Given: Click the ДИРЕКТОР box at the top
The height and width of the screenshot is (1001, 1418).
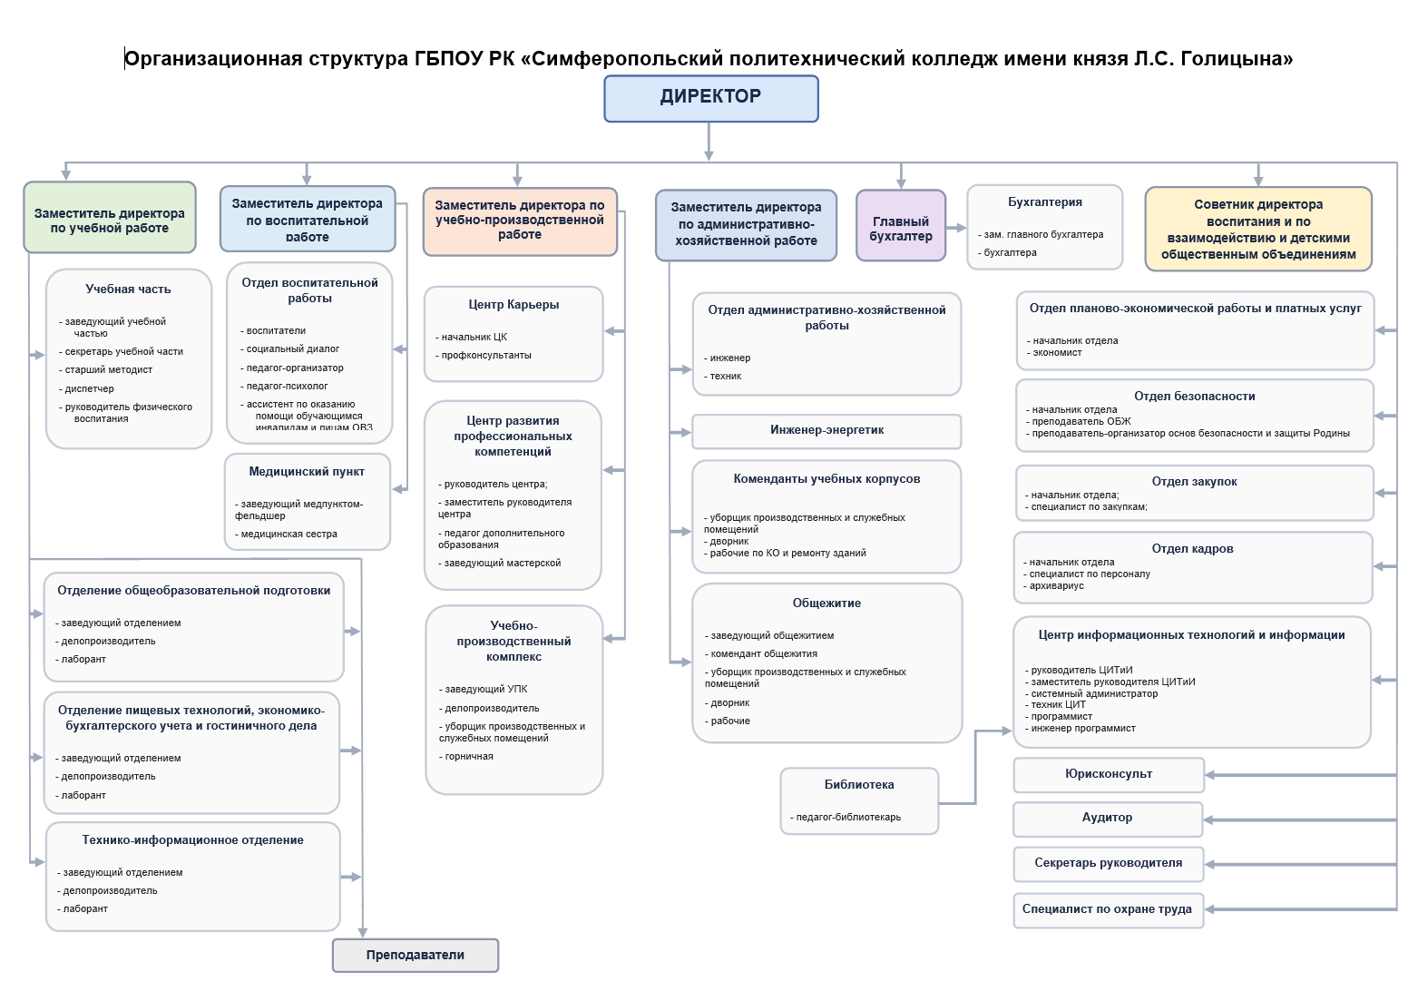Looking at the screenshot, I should tap(711, 98).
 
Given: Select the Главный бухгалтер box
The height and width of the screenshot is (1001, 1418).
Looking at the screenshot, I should tap(901, 226).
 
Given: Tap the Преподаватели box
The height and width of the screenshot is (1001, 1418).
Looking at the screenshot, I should tap(416, 955).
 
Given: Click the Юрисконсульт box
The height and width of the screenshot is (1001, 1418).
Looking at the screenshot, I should tap(1109, 774).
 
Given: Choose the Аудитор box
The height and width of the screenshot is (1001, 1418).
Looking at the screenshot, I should tap(1108, 818).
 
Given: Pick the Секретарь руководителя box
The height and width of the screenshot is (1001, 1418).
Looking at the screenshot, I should tap(1109, 863).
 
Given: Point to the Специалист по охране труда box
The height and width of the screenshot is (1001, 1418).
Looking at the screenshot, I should tap(1108, 909).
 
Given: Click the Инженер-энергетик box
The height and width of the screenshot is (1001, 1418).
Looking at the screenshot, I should tap(826, 430).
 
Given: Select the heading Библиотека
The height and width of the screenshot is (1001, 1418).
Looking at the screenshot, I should tap(859, 785).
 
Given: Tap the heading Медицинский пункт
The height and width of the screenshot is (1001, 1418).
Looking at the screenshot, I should tap(307, 472).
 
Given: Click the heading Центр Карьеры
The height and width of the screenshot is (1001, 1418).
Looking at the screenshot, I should tap(513, 305).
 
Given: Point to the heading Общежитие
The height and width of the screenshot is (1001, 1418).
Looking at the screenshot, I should tap(826, 604).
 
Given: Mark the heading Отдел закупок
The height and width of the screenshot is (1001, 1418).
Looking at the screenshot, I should tap(1194, 482).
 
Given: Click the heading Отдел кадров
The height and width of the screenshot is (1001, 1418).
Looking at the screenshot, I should tap(1192, 549).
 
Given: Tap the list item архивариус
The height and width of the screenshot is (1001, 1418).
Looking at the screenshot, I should tap(1057, 586).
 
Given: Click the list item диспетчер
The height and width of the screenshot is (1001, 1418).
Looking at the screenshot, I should tap(90, 388).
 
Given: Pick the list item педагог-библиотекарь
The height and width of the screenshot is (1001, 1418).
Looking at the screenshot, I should tap(848, 818).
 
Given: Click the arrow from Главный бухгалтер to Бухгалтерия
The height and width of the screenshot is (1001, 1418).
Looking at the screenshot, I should tap(956, 228).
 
